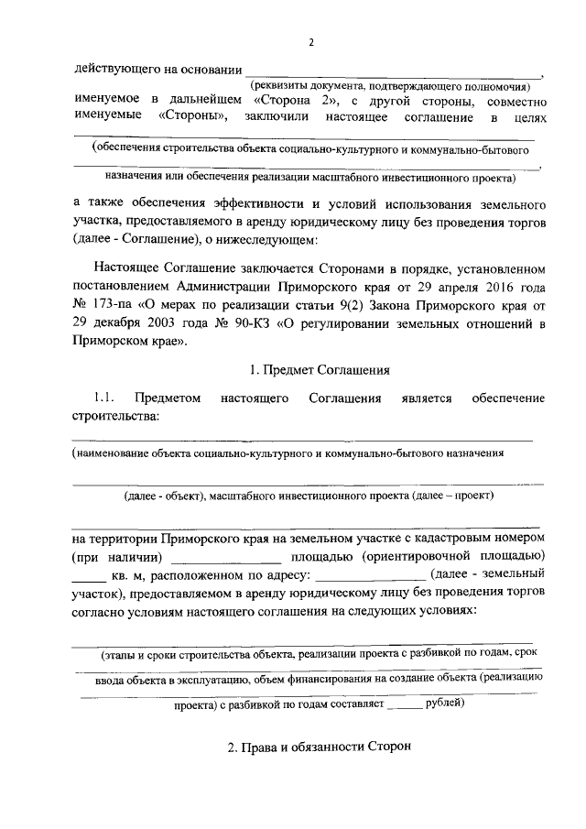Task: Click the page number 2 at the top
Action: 310,43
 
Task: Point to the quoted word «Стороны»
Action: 191,117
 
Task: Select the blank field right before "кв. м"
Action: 90,578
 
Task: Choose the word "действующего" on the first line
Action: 114,69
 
